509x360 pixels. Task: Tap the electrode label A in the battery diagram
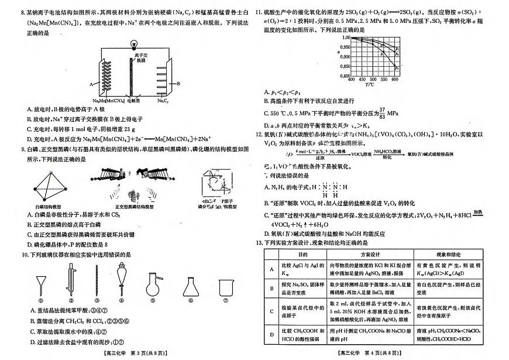pyautogui.click(x=91, y=84)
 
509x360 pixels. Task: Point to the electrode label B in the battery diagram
pyautogui.click(x=178, y=84)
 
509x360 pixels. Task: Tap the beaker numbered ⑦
pyautogui.click(x=226, y=287)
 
